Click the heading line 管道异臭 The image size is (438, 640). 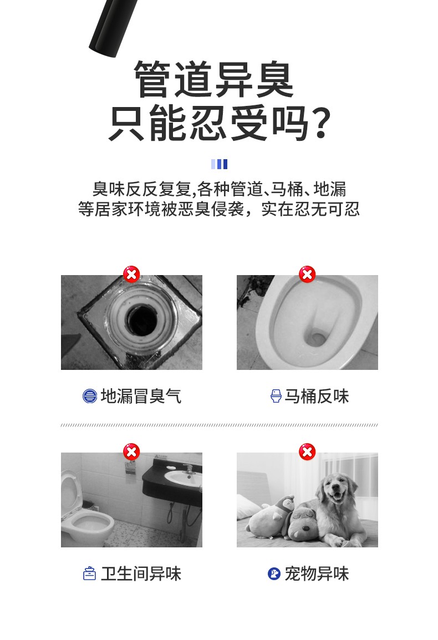[x=214, y=79]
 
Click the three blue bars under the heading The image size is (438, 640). [x=219, y=164]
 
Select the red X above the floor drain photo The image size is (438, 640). [x=131, y=275]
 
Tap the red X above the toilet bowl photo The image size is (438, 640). [x=307, y=275]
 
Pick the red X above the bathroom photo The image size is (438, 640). [x=131, y=452]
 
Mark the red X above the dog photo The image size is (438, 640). [x=307, y=452]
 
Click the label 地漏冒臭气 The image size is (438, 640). [x=141, y=396]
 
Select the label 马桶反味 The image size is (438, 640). [x=317, y=396]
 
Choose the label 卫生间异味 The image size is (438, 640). [x=141, y=573]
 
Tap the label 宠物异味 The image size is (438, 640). [x=317, y=573]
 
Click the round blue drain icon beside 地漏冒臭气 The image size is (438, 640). [x=90, y=396]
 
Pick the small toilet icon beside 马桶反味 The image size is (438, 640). [x=276, y=396]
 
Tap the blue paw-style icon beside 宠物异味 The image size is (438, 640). [x=274, y=573]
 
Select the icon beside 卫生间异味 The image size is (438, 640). [x=89, y=573]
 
